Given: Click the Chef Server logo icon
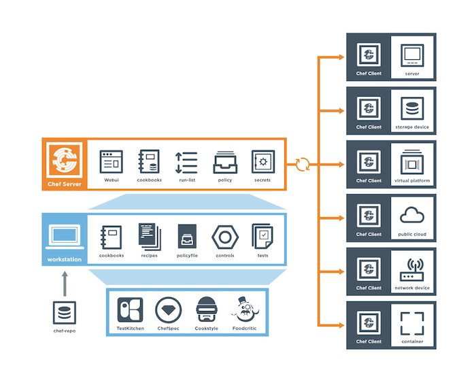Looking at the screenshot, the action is click(65, 160).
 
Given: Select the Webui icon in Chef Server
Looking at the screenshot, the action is click(112, 162).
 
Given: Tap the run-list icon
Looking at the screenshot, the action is click(186, 163).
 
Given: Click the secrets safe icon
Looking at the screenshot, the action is click(263, 162).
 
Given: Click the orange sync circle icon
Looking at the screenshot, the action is click(303, 165).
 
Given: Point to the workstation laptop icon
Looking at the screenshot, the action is click(65, 237).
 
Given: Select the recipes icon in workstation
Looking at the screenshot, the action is click(150, 236).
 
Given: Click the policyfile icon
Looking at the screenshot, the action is click(187, 236).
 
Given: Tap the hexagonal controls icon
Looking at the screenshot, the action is click(225, 237).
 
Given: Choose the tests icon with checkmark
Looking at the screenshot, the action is click(262, 236).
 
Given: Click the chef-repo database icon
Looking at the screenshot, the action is click(65, 313).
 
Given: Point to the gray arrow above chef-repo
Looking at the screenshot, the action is click(65, 284).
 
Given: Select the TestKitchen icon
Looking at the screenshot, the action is click(131, 310).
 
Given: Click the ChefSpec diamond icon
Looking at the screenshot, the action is click(169, 310).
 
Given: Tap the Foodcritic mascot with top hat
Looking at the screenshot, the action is click(245, 310).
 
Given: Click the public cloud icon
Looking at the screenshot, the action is click(412, 215).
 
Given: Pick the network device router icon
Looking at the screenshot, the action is click(412, 269).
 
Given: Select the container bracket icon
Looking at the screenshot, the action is click(412, 323).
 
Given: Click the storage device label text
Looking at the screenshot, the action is click(412, 127).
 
